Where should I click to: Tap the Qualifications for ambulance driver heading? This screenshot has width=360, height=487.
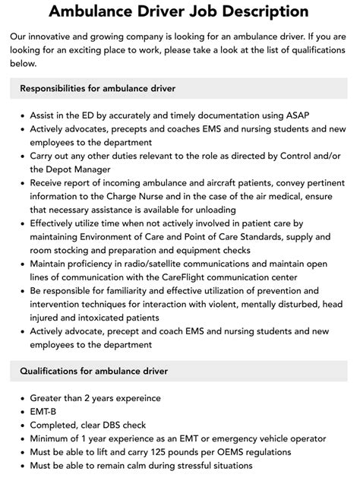[x=94, y=371]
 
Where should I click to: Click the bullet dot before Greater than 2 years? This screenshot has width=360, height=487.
[x=18, y=398]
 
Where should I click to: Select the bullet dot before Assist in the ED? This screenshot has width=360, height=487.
[x=18, y=115]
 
